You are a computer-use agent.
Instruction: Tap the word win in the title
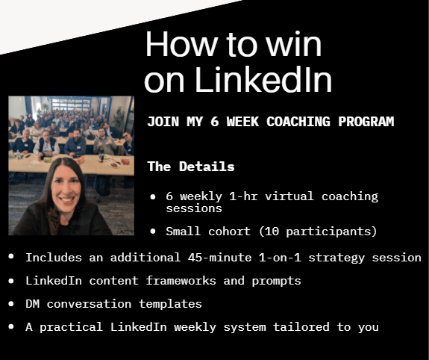coord(291,45)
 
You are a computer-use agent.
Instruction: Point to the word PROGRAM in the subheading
coord(366,121)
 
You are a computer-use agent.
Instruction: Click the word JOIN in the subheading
coord(162,121)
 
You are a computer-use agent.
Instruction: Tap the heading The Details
coord(191,166)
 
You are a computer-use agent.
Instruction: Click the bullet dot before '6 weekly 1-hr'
coord(153,196)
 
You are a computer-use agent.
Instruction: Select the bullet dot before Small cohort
coord(153,232)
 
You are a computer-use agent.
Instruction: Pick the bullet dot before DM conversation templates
coord(11,303)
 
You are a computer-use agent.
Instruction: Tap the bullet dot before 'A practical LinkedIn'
coord(11,326)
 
